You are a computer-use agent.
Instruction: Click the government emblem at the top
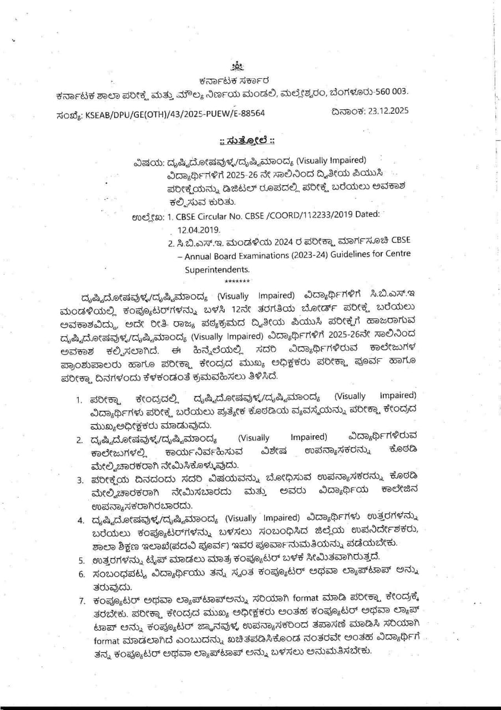coord(237,66)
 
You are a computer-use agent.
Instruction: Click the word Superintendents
coord(217,269)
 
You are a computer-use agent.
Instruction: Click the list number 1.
coord(79,400)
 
